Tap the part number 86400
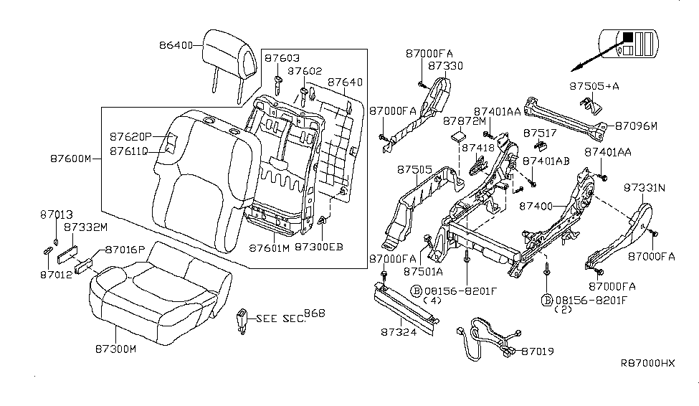176,45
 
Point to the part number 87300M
113,349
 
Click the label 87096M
634,126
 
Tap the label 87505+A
595,85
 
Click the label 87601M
270,247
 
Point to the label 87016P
125,250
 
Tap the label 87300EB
320,247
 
